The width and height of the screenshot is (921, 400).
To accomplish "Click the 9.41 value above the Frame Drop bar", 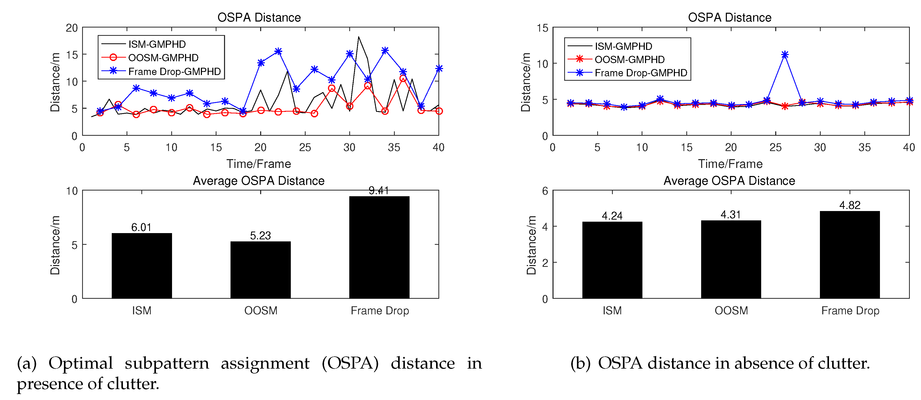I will tap(379, 191).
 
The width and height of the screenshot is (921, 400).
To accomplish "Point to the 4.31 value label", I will tap(731, 215).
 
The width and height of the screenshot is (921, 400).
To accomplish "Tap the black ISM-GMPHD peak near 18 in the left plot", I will tap(359, 37).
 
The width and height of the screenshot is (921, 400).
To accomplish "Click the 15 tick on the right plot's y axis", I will tap(542, 28).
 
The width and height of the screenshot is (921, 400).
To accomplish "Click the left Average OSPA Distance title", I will tap(259, 181).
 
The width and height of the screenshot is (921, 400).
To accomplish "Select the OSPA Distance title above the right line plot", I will tap(729, 17).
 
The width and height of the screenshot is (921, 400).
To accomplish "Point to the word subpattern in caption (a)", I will tap(167, 363).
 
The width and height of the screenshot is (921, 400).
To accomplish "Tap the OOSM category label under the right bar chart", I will tap(731, 310).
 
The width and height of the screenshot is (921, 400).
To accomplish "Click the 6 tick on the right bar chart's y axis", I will tap(545, 191).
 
